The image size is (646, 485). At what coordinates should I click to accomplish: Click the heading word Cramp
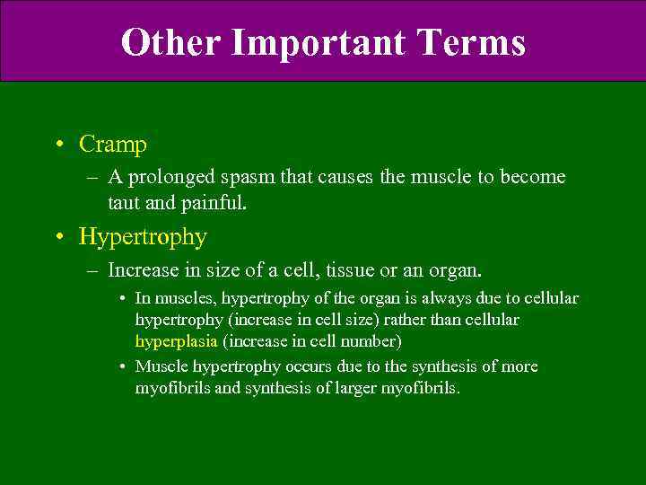click(x=113, y=144)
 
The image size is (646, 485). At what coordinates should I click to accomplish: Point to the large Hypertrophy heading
click(x=143, y=237)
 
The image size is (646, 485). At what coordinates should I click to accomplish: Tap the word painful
click(x=213, y=204)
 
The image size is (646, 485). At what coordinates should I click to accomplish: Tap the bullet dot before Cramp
click(x=59, y=145)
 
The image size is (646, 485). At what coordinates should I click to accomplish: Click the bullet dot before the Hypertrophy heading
click(x=59, y=238)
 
